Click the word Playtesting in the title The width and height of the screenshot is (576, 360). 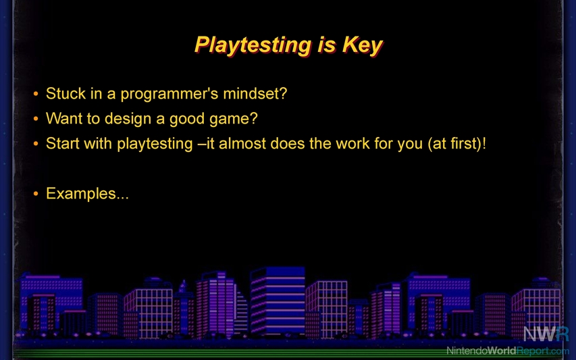pos(253,45)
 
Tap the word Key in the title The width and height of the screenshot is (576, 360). pos(363,45)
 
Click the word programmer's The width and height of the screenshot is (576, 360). pos(169,94)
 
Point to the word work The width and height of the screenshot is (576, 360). pos(352,143)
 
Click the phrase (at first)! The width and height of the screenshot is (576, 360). pos(457,144)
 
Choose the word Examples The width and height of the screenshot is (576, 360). pos(81,194)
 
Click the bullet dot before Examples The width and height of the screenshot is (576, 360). pos(36,194)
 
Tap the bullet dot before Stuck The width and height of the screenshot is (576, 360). pos(36,94)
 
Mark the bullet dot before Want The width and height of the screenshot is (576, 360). pos(36,119)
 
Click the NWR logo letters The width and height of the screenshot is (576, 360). pos(546,334)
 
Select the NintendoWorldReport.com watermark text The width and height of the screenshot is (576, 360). pos(508,351)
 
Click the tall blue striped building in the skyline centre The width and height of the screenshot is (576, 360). pos(278,301)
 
